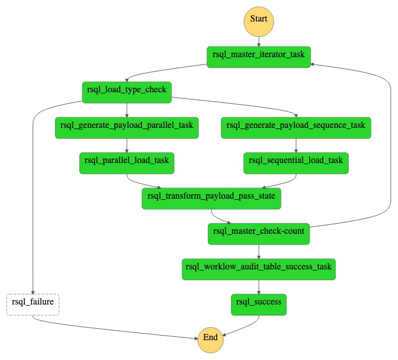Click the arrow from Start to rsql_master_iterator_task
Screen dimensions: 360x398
point(259,41)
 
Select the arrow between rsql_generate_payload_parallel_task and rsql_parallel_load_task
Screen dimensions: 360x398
point(126,145)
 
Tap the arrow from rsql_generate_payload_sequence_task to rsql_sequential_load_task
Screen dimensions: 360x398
point(296,145)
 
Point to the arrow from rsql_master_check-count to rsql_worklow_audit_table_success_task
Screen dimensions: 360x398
point(259,251)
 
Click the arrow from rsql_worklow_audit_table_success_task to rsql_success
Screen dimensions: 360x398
point(259,286)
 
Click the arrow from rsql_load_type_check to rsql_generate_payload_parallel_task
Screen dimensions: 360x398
point(126,110)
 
